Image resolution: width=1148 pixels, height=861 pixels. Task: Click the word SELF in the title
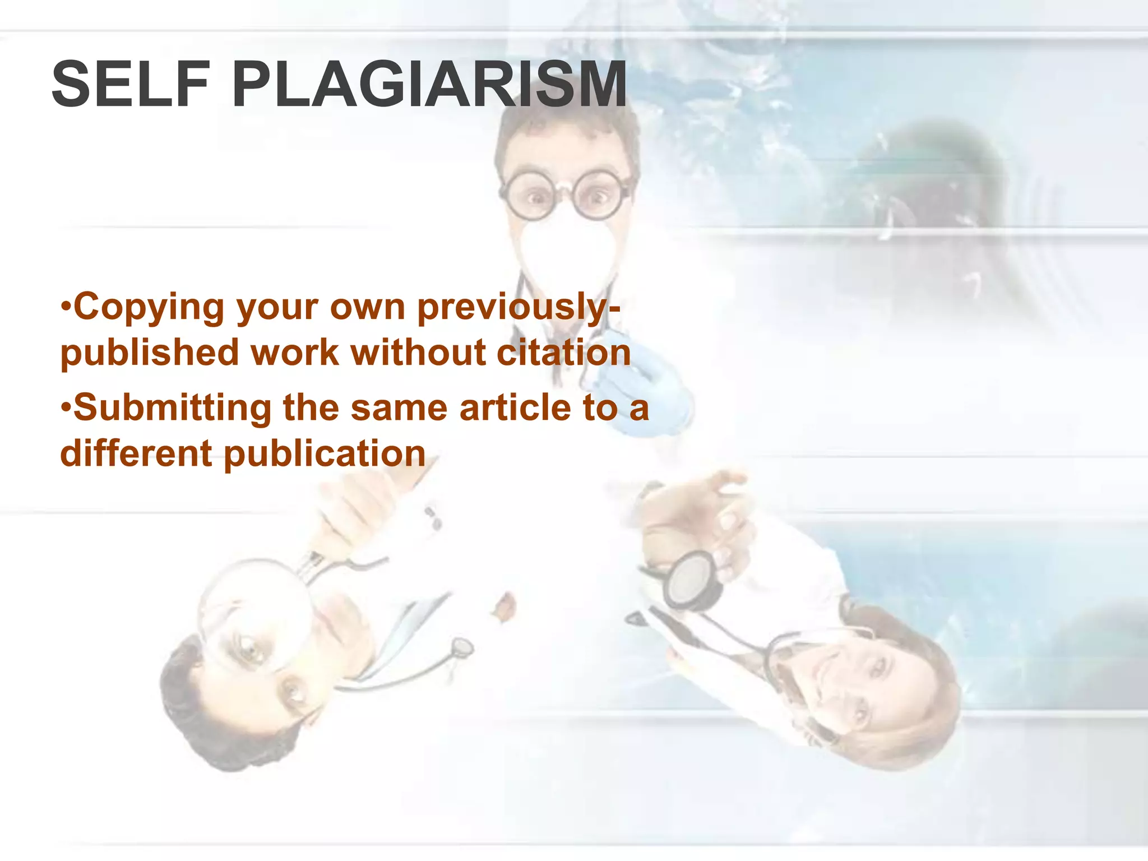point(130,85)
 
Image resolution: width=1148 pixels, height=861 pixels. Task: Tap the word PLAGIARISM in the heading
point(429,85)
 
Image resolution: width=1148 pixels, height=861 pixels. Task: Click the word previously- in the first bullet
point(519,308)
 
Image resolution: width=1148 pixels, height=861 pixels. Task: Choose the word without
point(418,353)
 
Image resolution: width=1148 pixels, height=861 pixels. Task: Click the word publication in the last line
point(325,454)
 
